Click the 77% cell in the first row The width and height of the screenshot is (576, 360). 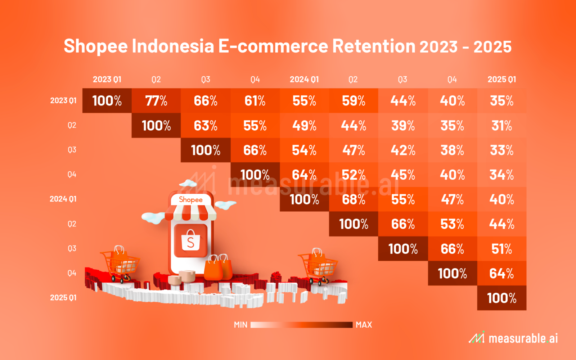(156, 100)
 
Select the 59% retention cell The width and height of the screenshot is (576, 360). (354, 100)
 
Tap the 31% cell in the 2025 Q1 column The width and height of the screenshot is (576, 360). (502, 126)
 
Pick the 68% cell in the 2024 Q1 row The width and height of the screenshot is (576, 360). (354, 199)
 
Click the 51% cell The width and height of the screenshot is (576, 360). (502, 249)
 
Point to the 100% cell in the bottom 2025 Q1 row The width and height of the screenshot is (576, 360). (502, 298)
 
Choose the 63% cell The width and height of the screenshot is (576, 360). (206, 126)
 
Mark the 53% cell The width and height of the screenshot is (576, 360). (452, 224)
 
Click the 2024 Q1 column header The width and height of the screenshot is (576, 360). (304, 79)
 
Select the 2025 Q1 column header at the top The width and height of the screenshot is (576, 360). (502, 79)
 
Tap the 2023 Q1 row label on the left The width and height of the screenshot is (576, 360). (63, 100)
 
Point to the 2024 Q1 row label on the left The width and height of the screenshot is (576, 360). (63, 199)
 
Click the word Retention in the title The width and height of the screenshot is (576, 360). (374, 46)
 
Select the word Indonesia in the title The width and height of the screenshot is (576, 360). (173, 46)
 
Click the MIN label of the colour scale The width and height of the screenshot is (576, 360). (240, 325)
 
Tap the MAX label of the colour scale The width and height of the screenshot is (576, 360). (364, 325)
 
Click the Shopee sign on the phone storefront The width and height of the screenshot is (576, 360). (190, 199)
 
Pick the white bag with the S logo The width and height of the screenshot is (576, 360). (190, 240)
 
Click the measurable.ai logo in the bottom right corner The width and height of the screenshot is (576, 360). (513, 338)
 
